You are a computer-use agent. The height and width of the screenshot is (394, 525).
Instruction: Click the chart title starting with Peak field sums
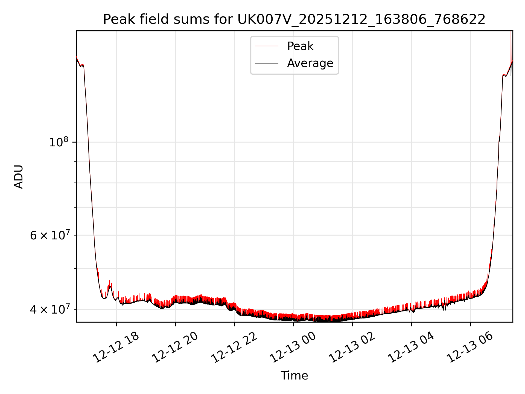coord(294,19)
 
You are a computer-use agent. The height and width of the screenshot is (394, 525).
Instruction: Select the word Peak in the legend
coord(300,46)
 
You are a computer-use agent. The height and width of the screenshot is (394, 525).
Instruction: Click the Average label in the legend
coord(310,63)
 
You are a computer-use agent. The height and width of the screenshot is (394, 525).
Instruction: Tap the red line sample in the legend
coord(267,46)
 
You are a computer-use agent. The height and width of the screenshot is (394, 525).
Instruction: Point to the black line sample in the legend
coord(267,63)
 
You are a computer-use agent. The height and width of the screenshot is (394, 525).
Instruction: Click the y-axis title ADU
coord(19,176)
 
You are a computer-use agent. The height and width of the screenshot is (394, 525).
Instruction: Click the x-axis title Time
coord(294,376)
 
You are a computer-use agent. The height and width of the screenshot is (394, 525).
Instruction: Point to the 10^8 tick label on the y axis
coord(59,142)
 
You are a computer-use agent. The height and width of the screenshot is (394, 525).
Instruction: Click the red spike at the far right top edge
coord(511,41)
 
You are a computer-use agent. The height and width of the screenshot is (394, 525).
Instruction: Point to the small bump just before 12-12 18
coord(110,286)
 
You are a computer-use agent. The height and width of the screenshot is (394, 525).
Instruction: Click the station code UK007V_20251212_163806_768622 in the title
coord(361,19)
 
